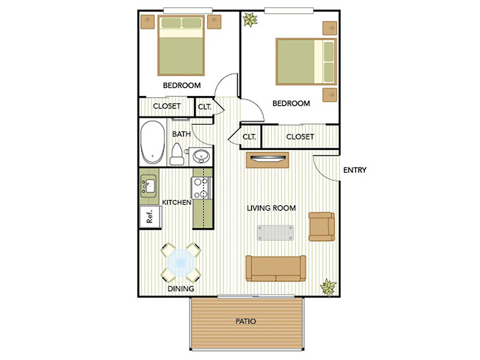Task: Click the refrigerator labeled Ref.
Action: pyautogui.click(x=149, y=216)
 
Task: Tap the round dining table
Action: pyautogui.click(x=181, y=263)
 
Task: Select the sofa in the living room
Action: pyautogui.click(x=276, y=268)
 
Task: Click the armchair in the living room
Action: pyautogui.click(x=321, y=226)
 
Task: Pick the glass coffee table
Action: pyautogui.click(x=275, y=232)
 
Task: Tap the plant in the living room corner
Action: pyautogui.click(x=328, y=287)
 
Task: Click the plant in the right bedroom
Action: pyautogui.click(x=249, y=21)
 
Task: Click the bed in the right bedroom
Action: pyautogui.click(x=305, y=61)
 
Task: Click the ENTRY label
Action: pyautogui.click(x=355, y=170)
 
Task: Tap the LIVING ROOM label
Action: pyautogui.click(x=272, y=208)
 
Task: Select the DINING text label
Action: pyautogui.click(x=181, y=289)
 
